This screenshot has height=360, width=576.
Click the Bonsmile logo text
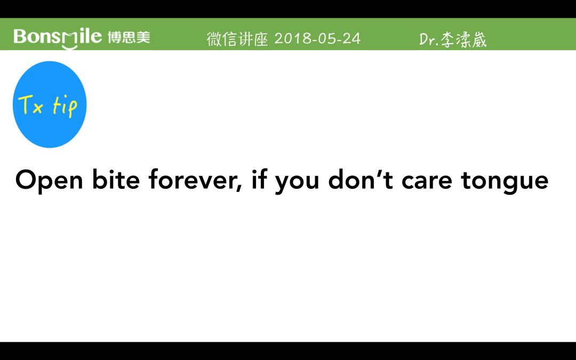pyautogui.click(x=58, y=37)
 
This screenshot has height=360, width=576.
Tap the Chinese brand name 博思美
pyautogui.click(x=129, y=37)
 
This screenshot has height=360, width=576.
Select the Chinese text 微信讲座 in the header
pyautogui.click(x=238, y=39)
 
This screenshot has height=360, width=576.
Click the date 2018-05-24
pyautogui.click(x=317, y=38)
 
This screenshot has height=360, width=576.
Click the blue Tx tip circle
pyautogui.click(x=50, y=105)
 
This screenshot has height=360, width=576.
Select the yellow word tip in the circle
pyautogui.click(x=65, y=107)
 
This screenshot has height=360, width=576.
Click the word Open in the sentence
pyautogui.click(x=49, y=180)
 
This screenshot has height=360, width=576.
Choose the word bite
pyautogui.click(x=116, y=179)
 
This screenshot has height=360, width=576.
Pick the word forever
pyautogui.click(x=193, y=179)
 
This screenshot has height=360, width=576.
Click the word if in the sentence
pyautogui.click(x=259, y=179)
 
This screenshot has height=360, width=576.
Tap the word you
pyautogui.click(x=297, y=182)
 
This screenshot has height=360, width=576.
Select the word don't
pyautogui.click(x=361, y=179)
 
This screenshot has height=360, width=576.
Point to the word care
pyautogui.click(x=427, y=182)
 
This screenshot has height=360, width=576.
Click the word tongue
pyautogui.click(x=505, y=181)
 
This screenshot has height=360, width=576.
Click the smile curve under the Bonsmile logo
pyautogui.click(x=69, y=46)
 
